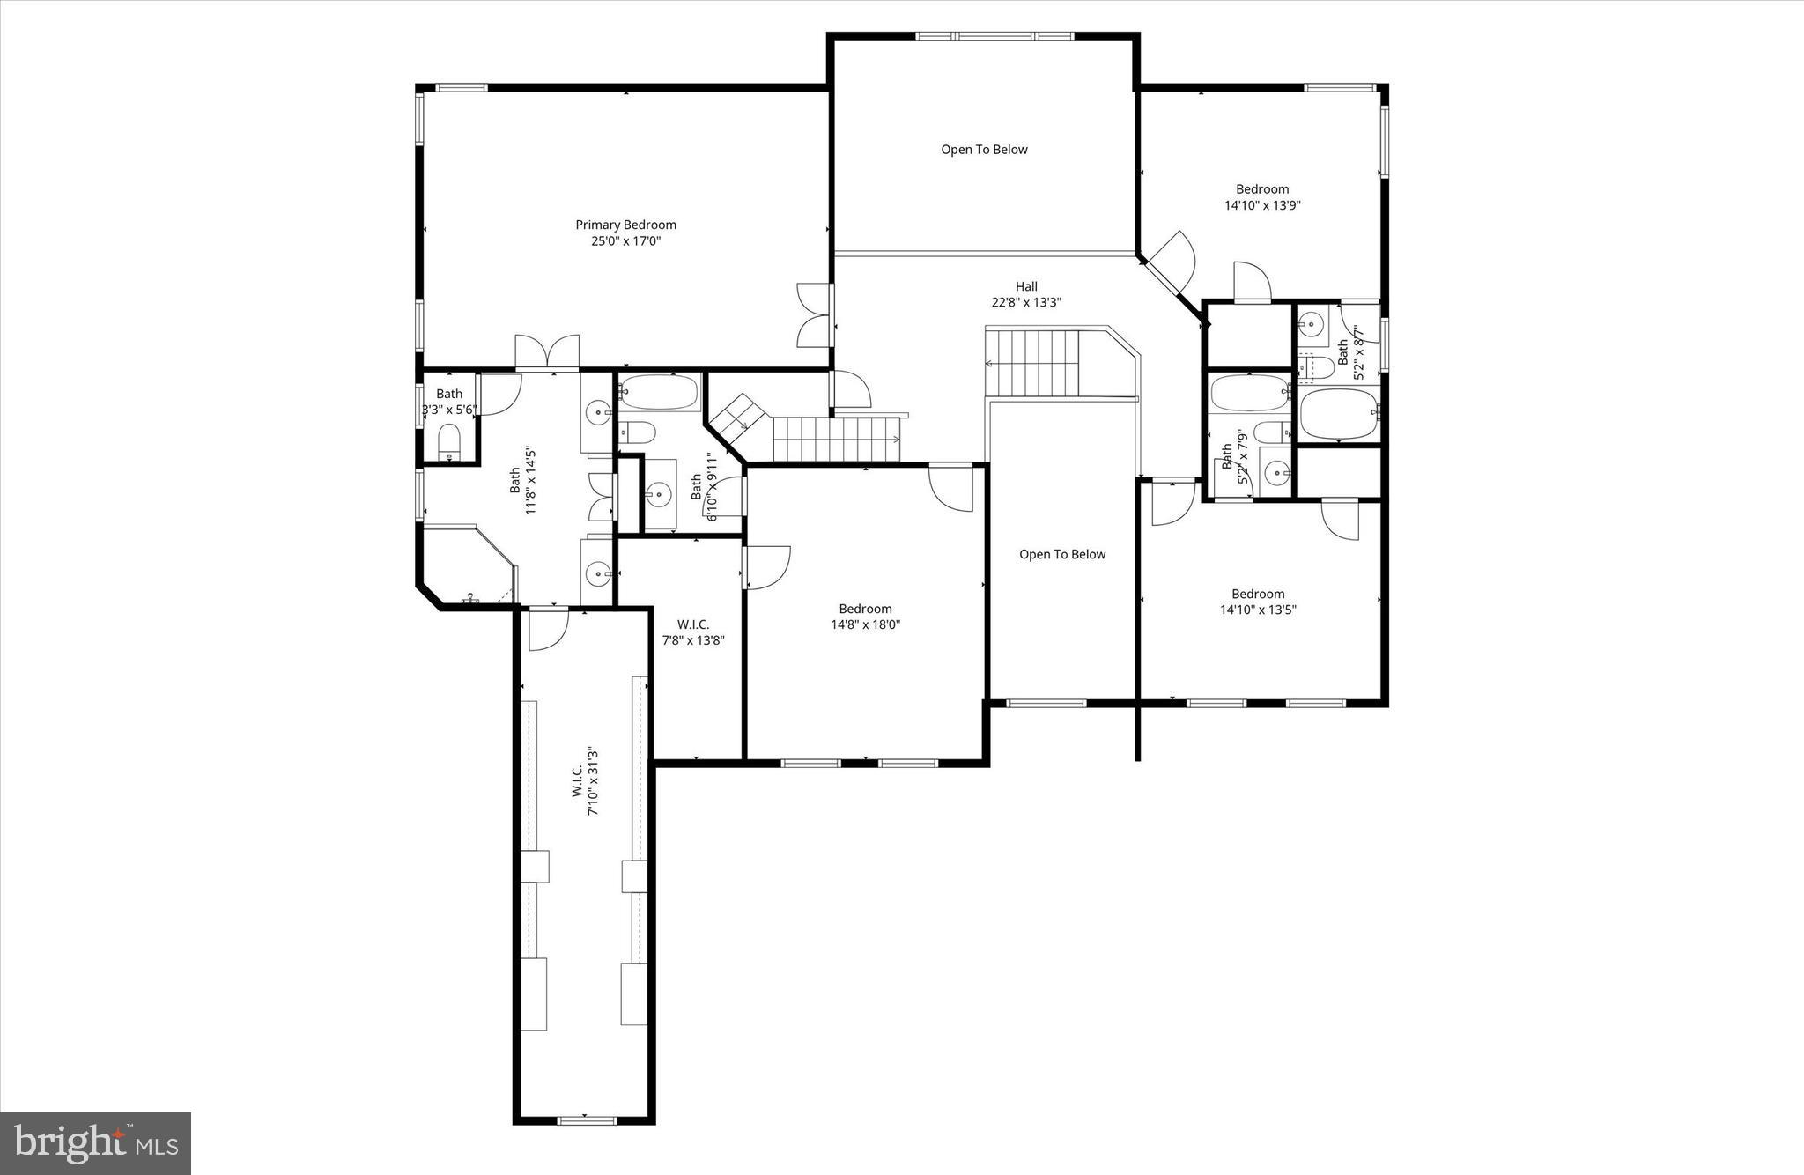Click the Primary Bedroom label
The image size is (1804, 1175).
click(625, 225)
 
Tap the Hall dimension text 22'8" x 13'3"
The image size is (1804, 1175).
click(1026, 302)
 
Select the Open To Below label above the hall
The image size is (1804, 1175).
click(984, 150)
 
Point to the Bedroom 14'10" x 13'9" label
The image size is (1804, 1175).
click(1262, 197)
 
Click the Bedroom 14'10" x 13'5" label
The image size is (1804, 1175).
click(1258, 602)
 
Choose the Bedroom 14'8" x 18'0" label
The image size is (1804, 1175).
click(865, 617)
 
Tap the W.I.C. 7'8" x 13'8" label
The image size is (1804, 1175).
click(693, 632)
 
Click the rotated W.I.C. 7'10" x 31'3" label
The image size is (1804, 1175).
click(585, 782)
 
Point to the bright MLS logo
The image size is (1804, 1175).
click(95, 1143)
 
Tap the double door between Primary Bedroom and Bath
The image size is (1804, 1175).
click(547, 352)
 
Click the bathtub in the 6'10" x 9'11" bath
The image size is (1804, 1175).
click(659, 393)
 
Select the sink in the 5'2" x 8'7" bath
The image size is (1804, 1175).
click(1312, 325)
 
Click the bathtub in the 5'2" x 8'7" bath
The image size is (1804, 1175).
click(1338, 414)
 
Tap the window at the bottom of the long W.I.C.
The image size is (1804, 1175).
click(587, 1120)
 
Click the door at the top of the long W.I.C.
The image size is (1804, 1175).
click(547, 628)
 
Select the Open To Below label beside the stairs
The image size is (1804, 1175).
click(1062, 554)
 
